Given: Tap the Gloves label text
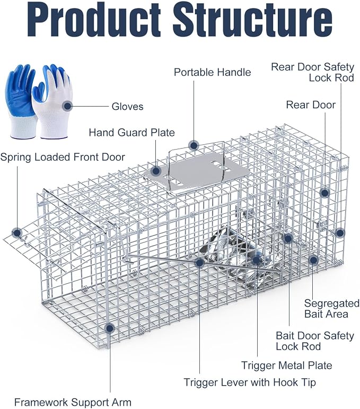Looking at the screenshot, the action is coord(127,107).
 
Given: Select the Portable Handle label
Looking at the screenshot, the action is coord(212,72).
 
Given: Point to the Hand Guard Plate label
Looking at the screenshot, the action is coord(131,133).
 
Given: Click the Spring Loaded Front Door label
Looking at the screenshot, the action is coord(63,158).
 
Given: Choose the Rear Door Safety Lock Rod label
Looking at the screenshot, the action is coord(313,72).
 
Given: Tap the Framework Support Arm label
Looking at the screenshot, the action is coord(73,402).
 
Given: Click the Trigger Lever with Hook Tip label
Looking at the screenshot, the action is coord(250,382).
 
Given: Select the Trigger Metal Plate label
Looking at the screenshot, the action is coord(286,366).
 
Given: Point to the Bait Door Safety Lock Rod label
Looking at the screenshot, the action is coord(315,341).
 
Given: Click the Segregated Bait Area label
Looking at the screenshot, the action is coord(331,309).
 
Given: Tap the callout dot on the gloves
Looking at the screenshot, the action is coord(67,106).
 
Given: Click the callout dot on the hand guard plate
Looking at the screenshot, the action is coord(156,171).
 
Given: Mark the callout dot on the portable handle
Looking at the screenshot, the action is coord(194,145).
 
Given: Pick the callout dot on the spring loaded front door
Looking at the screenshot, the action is coord(17,233).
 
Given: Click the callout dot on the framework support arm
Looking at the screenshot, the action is coord(110,328).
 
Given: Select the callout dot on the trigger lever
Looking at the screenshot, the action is coord(199,263).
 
